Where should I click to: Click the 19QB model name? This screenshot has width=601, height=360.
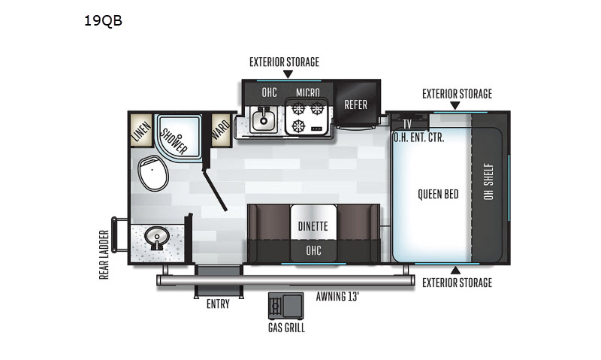click(103, 20)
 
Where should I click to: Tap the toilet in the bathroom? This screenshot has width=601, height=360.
click(153, 173)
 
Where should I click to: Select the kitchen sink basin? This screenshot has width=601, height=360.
click(264, 119)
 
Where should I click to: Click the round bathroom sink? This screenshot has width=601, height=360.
click(157, 237)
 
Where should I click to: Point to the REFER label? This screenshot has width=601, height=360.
click(355, 104)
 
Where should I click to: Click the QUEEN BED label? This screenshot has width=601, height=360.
click(438, 195)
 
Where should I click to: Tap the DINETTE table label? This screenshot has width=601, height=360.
click(313, 226)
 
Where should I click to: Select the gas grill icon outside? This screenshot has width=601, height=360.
click(286, 306)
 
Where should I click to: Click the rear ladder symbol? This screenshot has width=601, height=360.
click(119, 234)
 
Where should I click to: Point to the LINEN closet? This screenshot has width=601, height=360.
click(141, 131)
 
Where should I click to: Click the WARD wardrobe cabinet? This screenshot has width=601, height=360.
click(221, 130)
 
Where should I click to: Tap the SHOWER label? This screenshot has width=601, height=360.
click(174, 141)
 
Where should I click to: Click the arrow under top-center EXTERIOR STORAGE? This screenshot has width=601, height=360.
click(288, 74)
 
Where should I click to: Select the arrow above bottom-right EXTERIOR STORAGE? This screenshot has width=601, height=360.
click(455, 271)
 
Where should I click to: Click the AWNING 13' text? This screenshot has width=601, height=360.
click(337, 296)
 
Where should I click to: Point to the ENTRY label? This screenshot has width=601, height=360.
click(218, 304)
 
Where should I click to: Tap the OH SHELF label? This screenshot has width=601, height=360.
click(488, 181)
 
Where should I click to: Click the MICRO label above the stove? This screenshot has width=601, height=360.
click(308, 92)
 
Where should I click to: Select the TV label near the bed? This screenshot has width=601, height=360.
click(407, 124)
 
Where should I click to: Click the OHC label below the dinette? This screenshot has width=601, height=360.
click(313, 251)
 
